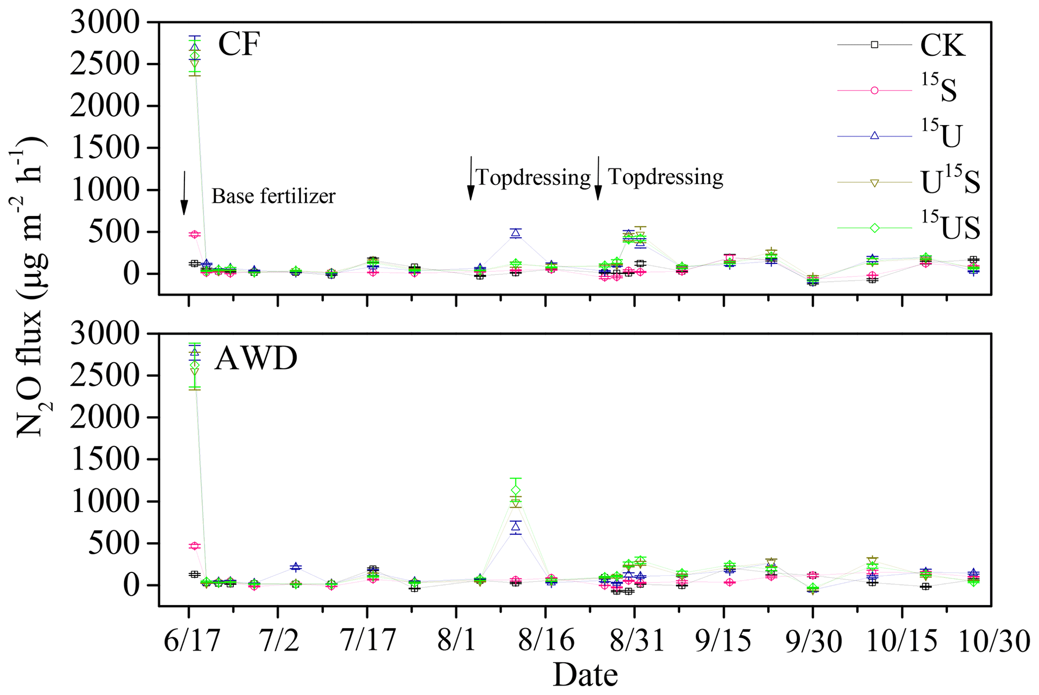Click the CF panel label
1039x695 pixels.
239,44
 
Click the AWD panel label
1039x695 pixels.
255,359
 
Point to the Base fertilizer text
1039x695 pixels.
273,196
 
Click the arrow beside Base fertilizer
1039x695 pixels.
184,193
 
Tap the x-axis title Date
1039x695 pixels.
585,674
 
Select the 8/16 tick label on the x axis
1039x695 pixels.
547,641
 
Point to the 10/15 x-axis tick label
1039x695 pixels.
903,641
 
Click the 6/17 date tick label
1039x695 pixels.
192,641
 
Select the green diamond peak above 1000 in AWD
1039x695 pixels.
515,490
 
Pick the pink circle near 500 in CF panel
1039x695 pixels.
195,234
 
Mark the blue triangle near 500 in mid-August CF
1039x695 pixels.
515,233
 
